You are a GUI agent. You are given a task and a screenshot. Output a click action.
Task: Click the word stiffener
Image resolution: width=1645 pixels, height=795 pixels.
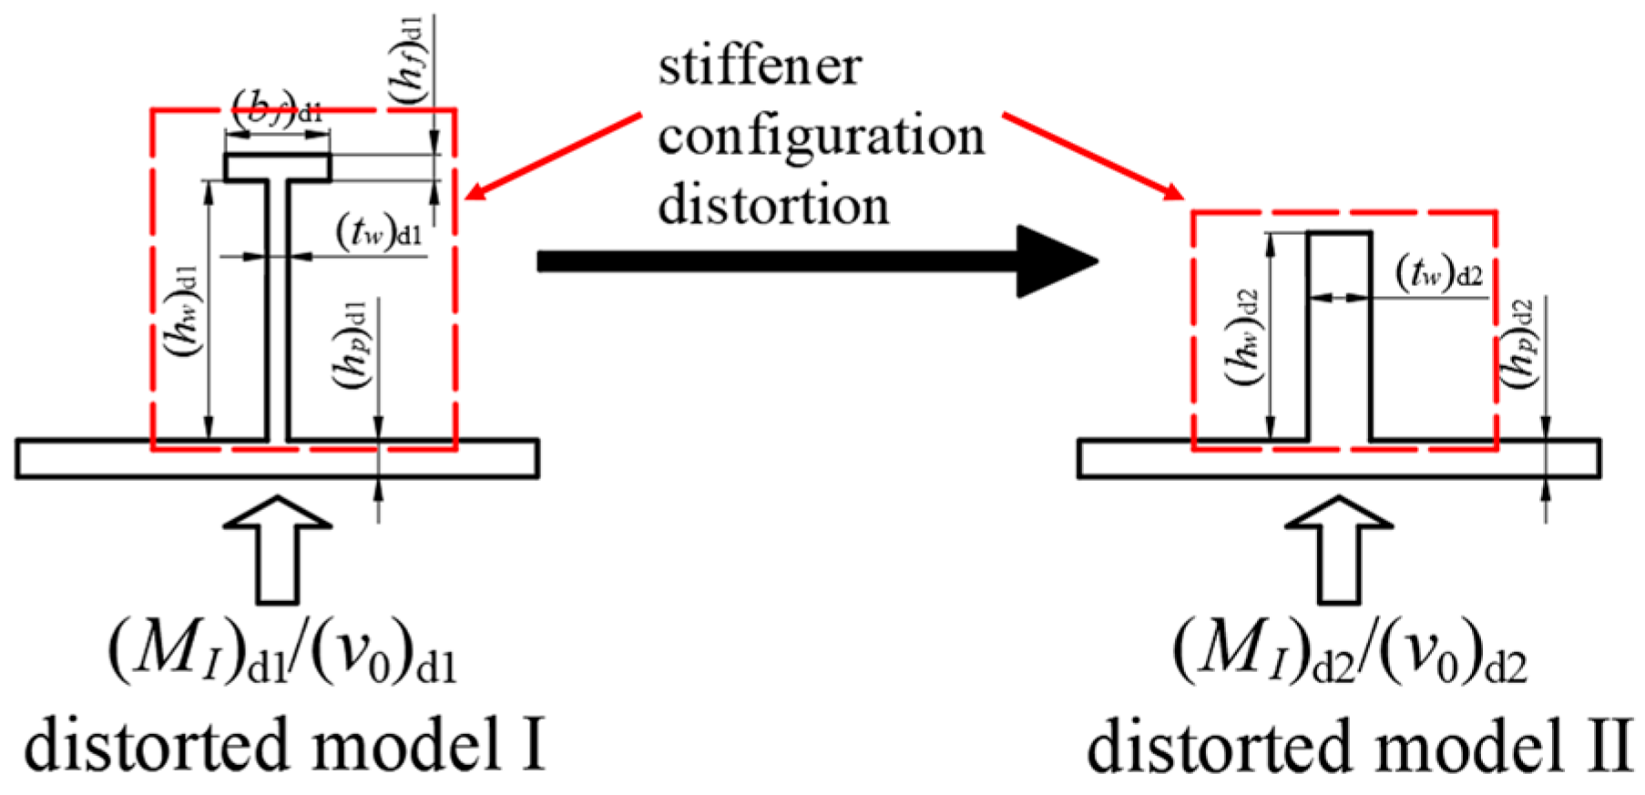760,68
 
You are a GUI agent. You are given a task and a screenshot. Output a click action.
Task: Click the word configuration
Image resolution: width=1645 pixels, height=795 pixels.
821,137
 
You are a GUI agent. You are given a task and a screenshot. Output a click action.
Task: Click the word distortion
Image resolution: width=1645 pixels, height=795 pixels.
773,205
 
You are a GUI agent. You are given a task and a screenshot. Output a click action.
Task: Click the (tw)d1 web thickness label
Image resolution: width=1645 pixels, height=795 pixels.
379,231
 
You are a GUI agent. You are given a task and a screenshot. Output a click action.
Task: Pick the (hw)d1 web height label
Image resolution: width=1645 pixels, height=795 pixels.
184,310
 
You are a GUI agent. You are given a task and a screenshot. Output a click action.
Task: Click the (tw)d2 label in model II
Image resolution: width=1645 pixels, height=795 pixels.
1439,272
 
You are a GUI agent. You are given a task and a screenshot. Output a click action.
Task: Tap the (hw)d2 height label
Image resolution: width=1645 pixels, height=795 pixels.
1243,337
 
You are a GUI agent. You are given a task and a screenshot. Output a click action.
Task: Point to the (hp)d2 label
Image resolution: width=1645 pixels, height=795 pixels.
1518,344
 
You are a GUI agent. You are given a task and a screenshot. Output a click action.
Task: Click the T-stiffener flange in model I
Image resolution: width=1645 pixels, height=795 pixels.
278,168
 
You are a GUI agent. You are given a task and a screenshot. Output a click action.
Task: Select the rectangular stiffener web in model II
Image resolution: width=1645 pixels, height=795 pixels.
1339,337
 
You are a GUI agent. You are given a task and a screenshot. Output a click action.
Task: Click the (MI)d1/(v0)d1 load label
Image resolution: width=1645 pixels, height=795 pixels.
282,654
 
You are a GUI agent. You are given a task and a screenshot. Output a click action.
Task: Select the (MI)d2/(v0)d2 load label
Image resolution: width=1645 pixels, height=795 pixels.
1349,654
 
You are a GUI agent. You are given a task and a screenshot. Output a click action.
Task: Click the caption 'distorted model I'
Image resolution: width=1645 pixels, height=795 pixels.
284,744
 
